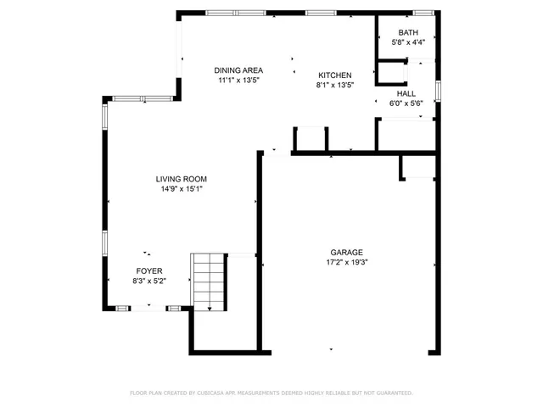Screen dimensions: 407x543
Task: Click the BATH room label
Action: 408,33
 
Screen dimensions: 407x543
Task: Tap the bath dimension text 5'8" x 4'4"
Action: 408,42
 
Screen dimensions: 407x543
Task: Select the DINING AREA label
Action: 238,70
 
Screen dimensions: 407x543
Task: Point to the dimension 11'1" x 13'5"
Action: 238,81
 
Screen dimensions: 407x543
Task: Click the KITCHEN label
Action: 334,75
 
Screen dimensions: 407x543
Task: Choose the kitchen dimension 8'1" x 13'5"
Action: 334,85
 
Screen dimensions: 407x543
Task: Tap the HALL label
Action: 406,93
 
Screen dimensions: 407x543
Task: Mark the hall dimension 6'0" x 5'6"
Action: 406,103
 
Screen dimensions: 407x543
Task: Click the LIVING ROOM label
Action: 182,179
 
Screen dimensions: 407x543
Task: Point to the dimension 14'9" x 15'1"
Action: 182,189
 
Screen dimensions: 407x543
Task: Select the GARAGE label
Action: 347,252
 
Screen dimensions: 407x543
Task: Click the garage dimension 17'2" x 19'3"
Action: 347,262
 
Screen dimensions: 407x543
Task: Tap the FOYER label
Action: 149,270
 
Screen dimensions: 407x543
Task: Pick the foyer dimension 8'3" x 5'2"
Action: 149,281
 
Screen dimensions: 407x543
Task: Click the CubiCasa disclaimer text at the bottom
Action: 271,393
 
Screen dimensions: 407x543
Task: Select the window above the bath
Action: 423,11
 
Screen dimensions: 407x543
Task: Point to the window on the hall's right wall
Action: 438,90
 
